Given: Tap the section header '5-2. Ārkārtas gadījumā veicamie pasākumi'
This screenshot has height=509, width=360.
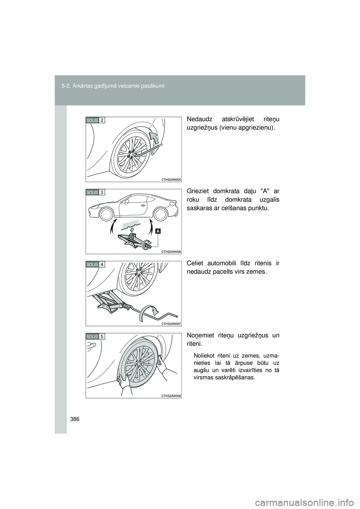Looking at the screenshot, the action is coord(113,86).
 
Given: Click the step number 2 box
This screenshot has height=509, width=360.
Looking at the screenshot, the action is coord(102,120).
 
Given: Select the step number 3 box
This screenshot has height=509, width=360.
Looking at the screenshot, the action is coord(102,193).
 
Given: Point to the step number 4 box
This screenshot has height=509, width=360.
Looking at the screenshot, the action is coord(102,265).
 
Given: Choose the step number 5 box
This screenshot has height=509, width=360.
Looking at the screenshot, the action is coord(102,337).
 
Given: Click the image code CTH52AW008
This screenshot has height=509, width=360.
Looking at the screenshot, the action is coord(171,396).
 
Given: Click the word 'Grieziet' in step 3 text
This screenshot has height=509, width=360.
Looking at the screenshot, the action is coord(197,191).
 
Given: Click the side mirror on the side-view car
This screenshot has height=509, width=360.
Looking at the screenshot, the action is coord(126,201).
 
